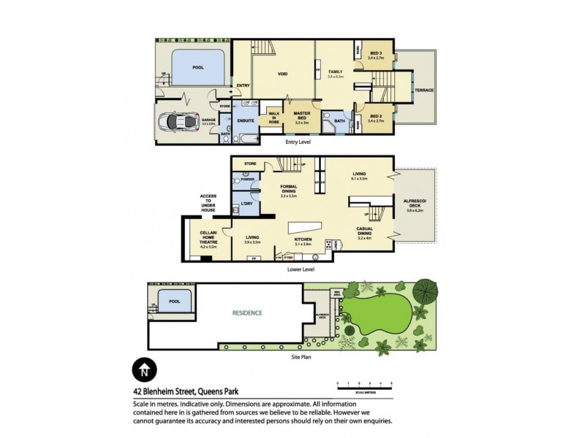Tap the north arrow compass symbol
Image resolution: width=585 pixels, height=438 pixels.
(x=144, y=369)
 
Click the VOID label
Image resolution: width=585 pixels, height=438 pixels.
(x=282, y=74)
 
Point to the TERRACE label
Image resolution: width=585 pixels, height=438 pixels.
(x=424, y=90)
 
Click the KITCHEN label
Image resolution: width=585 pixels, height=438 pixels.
(x=303, y=239)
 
